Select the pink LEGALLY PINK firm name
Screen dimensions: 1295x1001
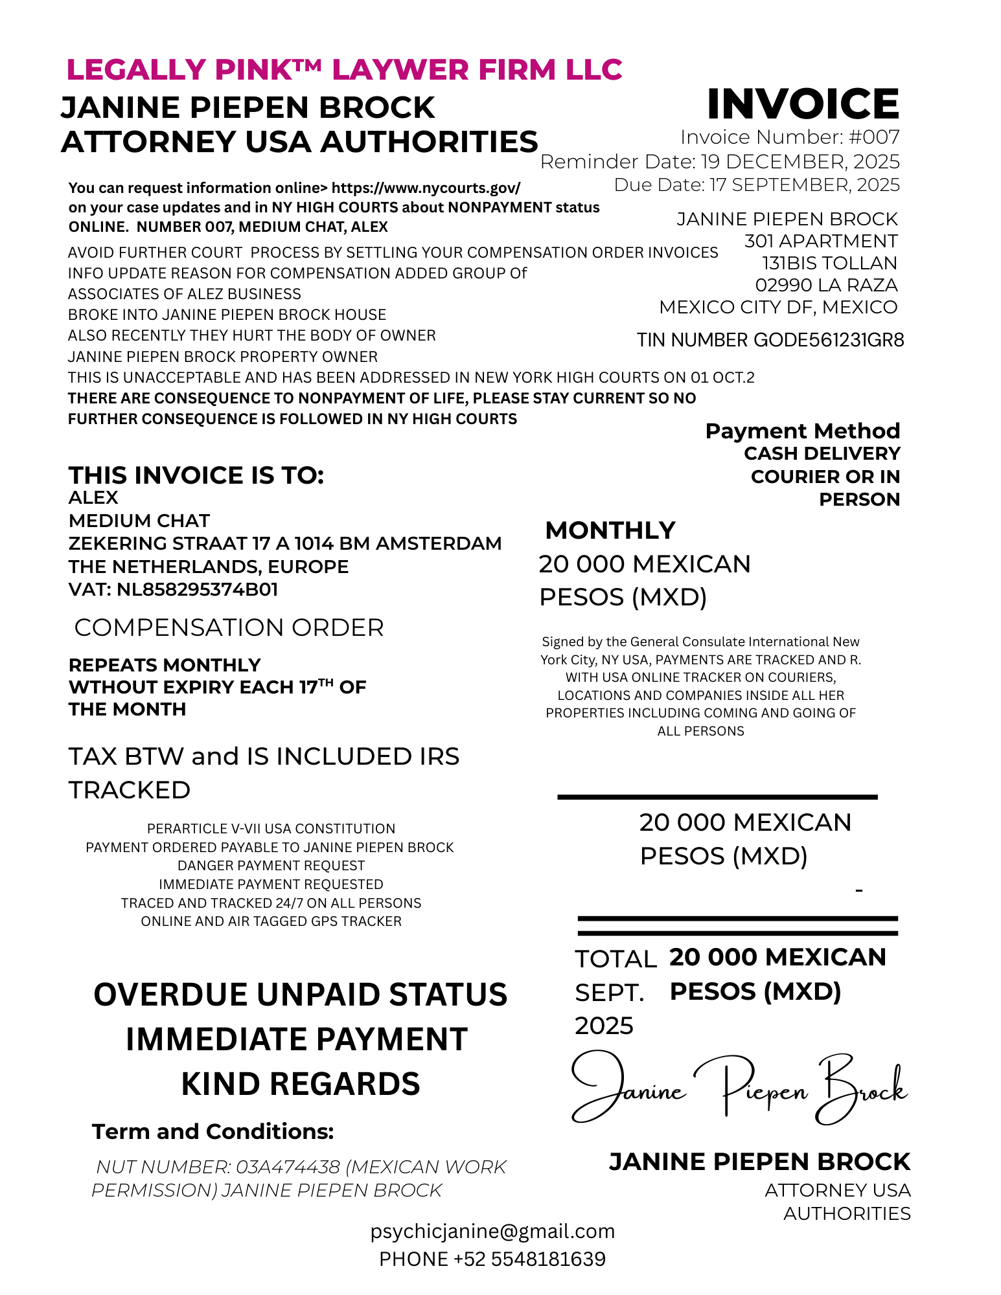pos(344,70)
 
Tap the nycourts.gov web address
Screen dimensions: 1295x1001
pos(426,188)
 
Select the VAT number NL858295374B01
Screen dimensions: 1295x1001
pos(197,590)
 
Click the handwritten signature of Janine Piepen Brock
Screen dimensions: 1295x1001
pos(739,1090)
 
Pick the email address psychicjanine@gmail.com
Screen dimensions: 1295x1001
pos(492,1232)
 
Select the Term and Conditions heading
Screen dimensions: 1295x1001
pos(213,1132)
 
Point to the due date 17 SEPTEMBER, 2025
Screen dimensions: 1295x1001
pos(804,186)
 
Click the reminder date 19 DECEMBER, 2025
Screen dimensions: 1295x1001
pos(800,162)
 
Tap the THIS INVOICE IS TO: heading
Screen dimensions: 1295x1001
pos(196,476)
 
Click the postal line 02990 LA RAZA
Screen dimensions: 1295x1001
pos(826,286)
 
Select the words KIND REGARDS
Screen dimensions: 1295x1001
pos(301,1085)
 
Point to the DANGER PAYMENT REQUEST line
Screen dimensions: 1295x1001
pos(271,866)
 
